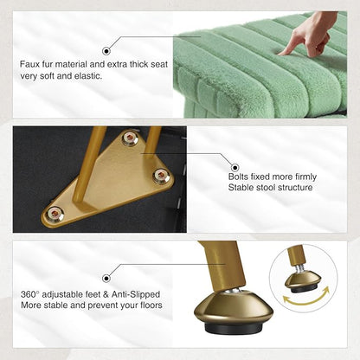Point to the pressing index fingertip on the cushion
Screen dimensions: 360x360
pyautogui.click(x=281, y=52)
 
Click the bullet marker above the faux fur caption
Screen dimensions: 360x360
pyautogui.click(x=106, y=51)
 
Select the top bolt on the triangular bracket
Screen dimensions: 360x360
pyautogui.click(x=130, y=138)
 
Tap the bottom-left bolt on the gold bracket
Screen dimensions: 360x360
pyautogui.click(x=55, y=214)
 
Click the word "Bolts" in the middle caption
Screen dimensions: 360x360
pyautogui.click(x=238, y=177)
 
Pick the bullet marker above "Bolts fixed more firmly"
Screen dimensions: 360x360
pyautogui.click(x=235, y=167)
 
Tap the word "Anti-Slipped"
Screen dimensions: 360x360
pyautogui.click(x=136, y=294)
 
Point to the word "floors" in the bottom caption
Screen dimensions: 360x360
pyautogui.click(x=151, y=305)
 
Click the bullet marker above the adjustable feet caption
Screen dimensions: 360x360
pyautogui.click(x=106, y=279)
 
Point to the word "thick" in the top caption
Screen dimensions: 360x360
pyautogui.click(x=139, y=64)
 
